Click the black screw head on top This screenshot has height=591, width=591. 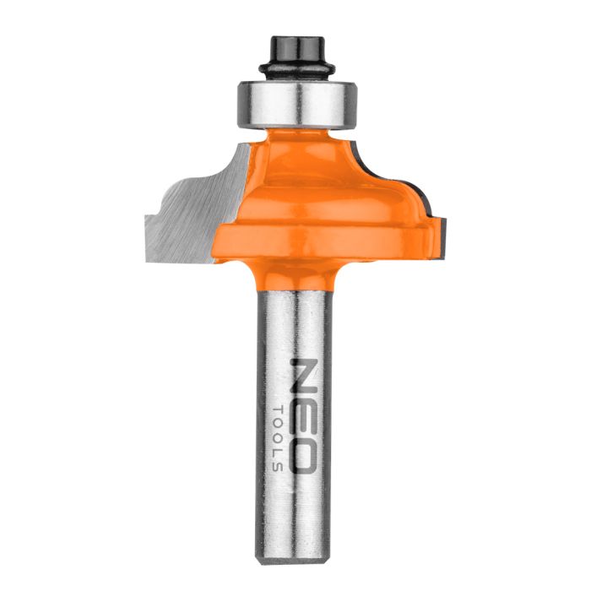click(295, 45)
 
